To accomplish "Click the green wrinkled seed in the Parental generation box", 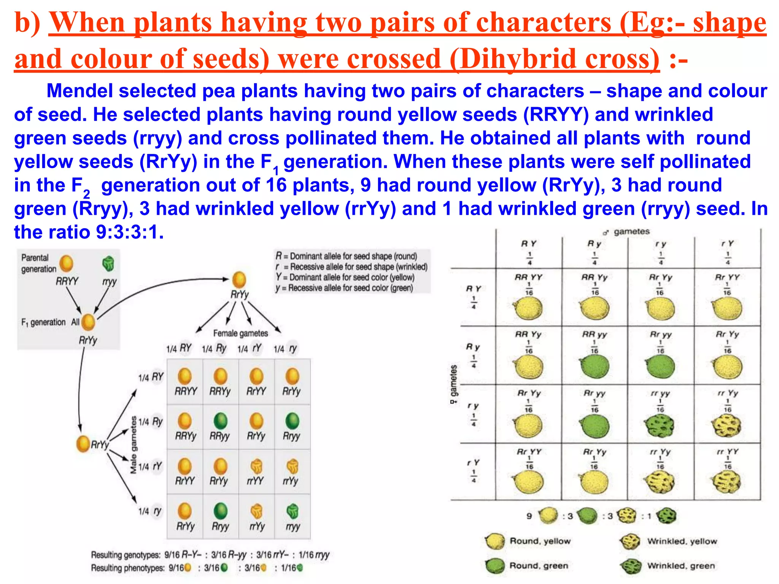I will point(108,263).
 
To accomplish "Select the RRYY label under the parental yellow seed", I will point(67,281).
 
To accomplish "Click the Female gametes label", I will point(240,333).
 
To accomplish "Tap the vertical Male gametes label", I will point(134,445).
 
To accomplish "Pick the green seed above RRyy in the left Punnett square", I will point(220,421).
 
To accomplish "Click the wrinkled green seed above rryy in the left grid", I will point(292,511).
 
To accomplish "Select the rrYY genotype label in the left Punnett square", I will point(255,481).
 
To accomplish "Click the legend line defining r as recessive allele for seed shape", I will point(352,267).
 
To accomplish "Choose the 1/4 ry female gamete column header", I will point(286,349).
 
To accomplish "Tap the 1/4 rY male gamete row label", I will point(150,467).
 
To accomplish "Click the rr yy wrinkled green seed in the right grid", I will point(660,425).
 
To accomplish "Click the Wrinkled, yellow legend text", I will point(682,541).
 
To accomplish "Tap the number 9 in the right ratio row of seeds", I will point(529,516).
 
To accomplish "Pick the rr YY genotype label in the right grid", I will point(727,452).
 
